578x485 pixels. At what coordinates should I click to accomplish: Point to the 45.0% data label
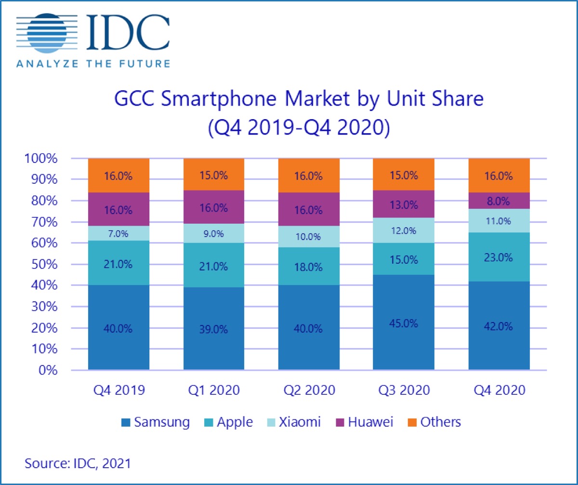[404, 323]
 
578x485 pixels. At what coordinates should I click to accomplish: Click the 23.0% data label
[499, 257]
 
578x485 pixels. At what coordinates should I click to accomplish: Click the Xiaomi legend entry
[294, 422]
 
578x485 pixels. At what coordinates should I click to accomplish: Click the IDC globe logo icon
[45, 34]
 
